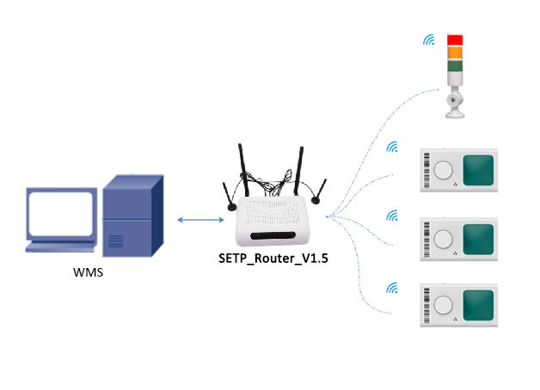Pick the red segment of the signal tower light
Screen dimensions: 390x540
click(455, 40)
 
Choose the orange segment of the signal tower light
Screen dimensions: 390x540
click(455, 52)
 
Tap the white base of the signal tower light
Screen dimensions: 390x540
click(454, 103)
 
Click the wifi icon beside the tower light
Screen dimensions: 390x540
click(427, 40)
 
